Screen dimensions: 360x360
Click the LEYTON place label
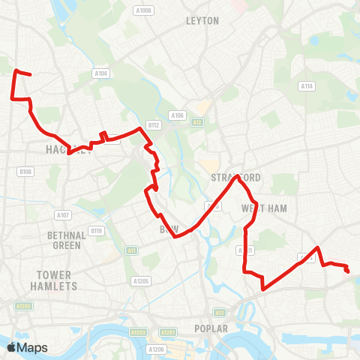[x=202, y=21]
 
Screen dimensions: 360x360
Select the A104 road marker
[x=101, y=73]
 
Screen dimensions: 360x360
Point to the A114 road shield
[x=306, y=87]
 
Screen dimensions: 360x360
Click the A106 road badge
[x=177, y=115]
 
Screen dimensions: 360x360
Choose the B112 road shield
[x=154, y=125]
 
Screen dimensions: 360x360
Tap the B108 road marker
[x=26, y=172]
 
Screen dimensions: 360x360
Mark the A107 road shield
[x=63, y=215]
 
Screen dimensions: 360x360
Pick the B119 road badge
[x=95, y=230]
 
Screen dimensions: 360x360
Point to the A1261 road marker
[x=168, y=331]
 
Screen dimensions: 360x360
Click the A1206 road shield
[x=156, y=349]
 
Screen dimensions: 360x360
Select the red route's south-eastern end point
[x=347, y=271]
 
